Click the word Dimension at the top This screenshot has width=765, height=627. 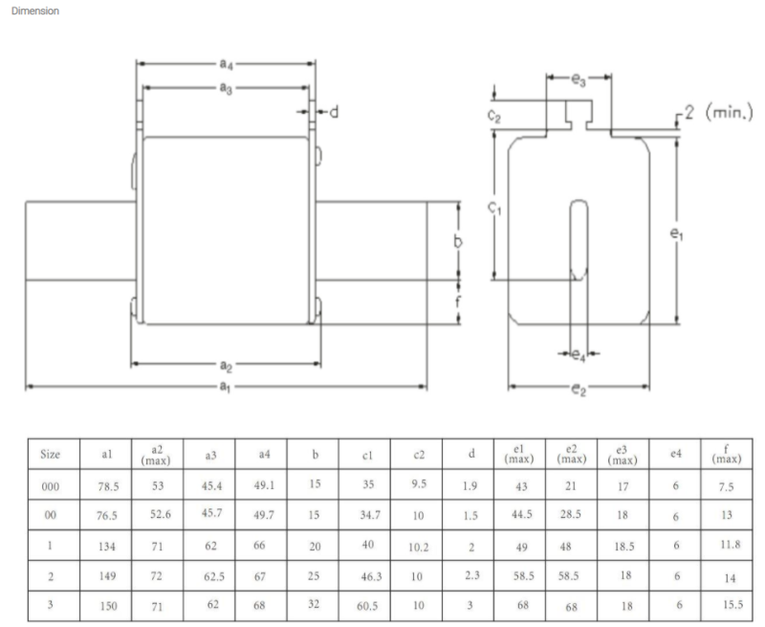click(35, 11)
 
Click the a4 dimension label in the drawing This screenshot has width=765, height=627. click(226, 64)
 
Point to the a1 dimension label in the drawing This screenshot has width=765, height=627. click(225, 387)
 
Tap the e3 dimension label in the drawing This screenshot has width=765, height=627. click(579, 79)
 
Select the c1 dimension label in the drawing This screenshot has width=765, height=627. click(494, 208)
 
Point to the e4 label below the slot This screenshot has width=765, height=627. click(579, 355)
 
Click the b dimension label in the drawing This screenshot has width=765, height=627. click(458, 240)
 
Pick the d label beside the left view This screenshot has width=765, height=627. click(334, 112)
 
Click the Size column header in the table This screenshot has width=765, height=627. click(51, 454)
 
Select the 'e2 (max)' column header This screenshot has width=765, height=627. click(571, 454)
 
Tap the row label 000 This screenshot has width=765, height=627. click(51, 486)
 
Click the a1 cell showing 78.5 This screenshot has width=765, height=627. click(108, 486)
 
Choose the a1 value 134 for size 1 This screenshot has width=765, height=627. click(107, 547)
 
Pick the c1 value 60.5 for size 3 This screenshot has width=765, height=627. click(367, 606)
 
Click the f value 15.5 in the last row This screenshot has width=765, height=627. click(732, 605)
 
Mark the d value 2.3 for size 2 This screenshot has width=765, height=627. click(472, 575)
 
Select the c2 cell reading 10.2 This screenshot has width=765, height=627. click(419, 548)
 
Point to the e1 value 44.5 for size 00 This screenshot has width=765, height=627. click(522, 514)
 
